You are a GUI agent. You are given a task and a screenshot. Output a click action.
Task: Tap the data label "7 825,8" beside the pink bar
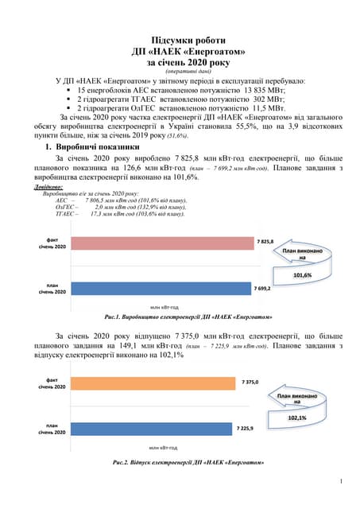pos(265,241)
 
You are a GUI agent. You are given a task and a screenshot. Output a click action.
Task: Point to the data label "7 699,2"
pos(262,288)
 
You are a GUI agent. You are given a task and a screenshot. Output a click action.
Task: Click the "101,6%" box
pos(302,274)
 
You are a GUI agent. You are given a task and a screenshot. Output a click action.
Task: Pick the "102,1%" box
pos(296,417)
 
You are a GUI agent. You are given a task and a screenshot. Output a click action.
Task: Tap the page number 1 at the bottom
pos(340,480)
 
